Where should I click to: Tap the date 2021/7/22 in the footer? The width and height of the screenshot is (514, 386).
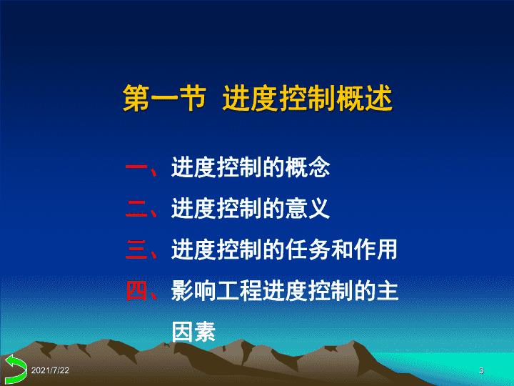(50, 370)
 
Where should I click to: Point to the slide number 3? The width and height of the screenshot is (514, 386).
(481, 370)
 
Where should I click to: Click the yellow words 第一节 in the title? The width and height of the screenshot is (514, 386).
(165, 99)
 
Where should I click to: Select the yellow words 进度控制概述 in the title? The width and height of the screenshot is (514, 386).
(308, 99)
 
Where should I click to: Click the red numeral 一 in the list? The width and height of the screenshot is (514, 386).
(136, 167)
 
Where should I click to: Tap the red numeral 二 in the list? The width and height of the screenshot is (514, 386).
(136, 209)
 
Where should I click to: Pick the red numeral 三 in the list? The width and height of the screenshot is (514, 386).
(136, 249)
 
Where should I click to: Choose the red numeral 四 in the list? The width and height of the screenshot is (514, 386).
(136, 291)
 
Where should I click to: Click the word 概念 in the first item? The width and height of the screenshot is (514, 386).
(308, 167)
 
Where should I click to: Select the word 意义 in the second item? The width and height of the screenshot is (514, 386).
(308, 209)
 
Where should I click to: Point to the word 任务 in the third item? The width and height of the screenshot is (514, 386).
(308, 249)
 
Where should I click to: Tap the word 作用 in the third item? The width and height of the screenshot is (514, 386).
(376, 249)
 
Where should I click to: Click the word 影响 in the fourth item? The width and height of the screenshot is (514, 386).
(193, 291)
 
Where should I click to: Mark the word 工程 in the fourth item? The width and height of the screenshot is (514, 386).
(239, 291)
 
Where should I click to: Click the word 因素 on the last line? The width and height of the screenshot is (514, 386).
(193, 332)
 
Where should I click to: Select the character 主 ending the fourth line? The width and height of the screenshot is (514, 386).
(388, 291)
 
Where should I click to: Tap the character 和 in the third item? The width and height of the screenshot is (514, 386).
(342, 249)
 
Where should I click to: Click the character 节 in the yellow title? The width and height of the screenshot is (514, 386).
(193, 99)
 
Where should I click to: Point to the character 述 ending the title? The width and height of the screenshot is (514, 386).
(378, 99)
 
